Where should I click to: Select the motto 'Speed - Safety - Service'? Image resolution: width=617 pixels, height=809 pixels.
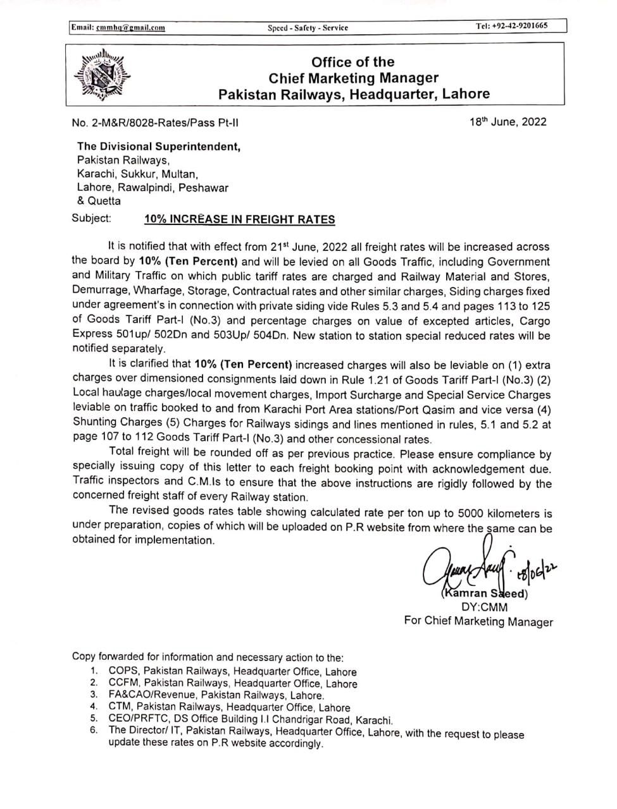308,27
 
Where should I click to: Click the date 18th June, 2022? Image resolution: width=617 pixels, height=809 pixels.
508,122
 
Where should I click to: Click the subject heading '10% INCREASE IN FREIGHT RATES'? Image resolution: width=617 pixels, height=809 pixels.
240,219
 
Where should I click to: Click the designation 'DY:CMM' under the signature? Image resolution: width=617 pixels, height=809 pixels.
484,607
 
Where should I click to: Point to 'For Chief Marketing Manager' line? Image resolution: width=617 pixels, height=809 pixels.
478,621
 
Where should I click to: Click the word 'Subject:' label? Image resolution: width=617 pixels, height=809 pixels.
92,219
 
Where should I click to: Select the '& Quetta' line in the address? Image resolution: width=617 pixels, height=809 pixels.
99,201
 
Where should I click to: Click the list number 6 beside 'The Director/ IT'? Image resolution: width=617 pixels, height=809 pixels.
93,731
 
